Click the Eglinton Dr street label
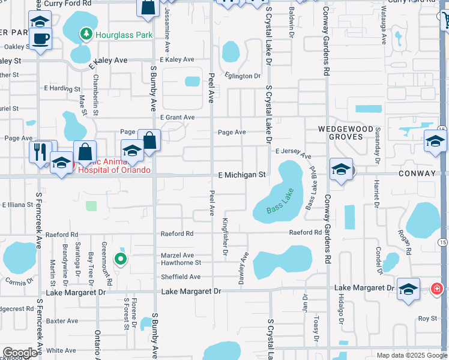pos(243,76)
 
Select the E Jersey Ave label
pos(293,154)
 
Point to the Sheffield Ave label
pos(181,277)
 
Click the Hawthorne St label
pos(180,263)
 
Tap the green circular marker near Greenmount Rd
pos(121,259)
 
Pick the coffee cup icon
pos(40,40)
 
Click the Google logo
pos(20,353)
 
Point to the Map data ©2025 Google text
pos(412,355)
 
